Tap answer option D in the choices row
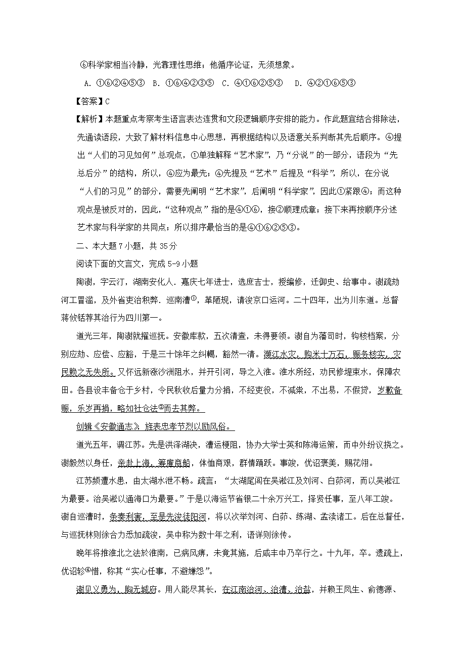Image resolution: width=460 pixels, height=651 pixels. coord(326,83)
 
